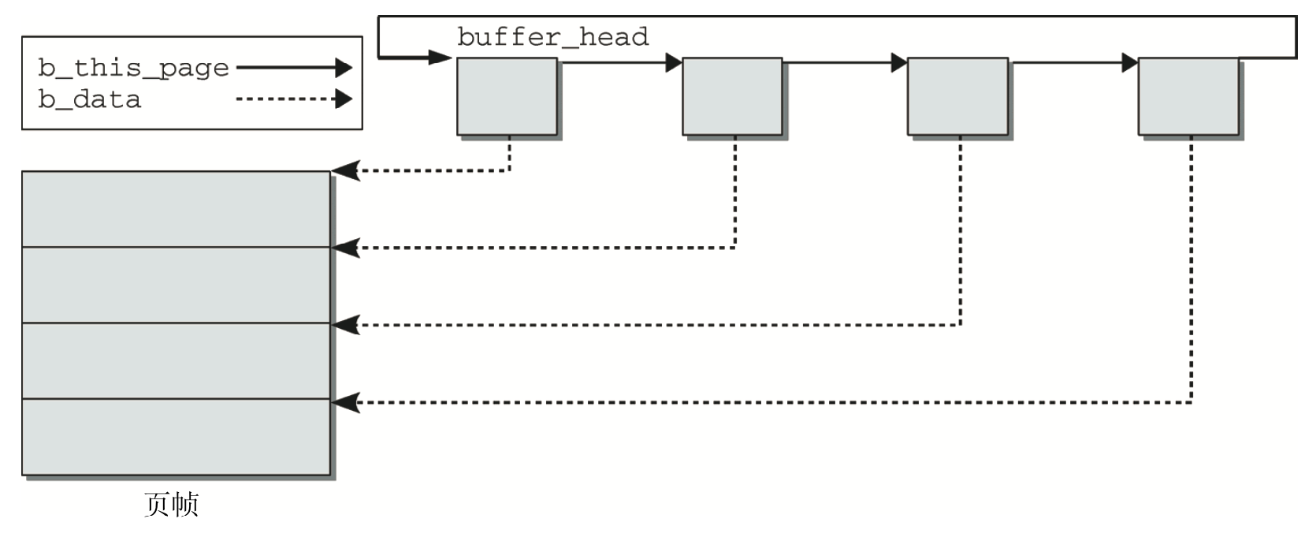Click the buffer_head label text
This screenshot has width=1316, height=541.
(x=552, y=37)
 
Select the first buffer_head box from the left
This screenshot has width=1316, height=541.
(x=507, y=96)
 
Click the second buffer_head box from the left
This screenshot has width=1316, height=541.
(x=732, y=96)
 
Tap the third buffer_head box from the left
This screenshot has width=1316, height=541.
(x=957, y=96)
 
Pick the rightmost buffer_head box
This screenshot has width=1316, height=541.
(x=1188, y=96)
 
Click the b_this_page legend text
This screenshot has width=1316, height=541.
(x=133, y=69)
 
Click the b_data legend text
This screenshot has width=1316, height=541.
(x=89, y=100)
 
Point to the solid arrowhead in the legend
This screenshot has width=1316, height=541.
(x=343, y=68)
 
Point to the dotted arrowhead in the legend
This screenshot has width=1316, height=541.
(x=343, y=99)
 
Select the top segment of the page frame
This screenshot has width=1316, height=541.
(x=176, y=209)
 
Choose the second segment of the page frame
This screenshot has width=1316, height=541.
(x=176, y=285)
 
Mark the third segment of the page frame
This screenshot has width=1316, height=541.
(x=176, y=360)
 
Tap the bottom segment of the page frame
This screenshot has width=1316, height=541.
(x=176, y=437)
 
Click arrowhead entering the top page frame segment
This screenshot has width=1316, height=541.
(x=345, y=170)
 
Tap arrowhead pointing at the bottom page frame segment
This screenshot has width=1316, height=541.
(x=345, y=403)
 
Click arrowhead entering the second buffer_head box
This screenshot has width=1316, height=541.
(x=674, y=62)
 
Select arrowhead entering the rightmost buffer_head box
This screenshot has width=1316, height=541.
(x=1129, y=62)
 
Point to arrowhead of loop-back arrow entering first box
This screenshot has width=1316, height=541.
(x=440, y=57)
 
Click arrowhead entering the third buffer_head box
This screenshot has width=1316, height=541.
(x=899, y=62)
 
